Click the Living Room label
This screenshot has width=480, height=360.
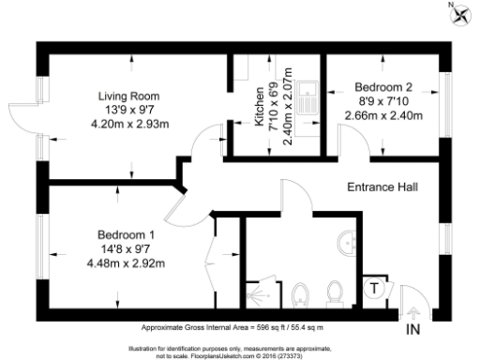(129, 96)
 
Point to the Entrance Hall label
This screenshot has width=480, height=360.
(381, 187)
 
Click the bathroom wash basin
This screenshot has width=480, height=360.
(351, 242)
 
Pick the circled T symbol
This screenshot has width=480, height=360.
(374, 288)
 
